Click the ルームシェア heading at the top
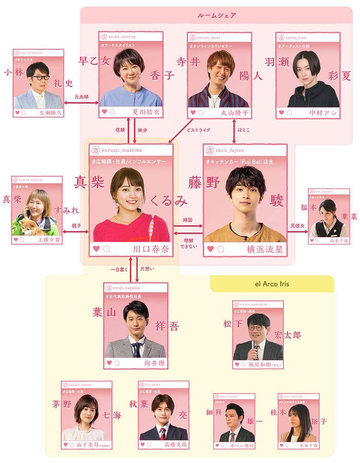[216, 15]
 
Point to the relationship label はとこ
[244, 130]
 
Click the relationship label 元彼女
[297, 225]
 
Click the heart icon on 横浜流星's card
[210, 249]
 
